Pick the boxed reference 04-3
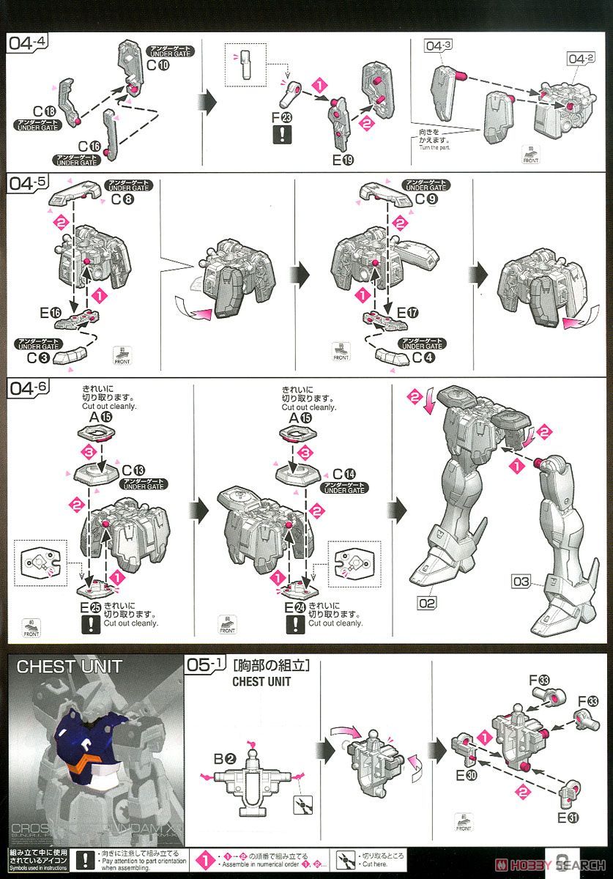(x=437, y=46)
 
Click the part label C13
(x=135, y=470)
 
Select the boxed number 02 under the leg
(x=428, y=604)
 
